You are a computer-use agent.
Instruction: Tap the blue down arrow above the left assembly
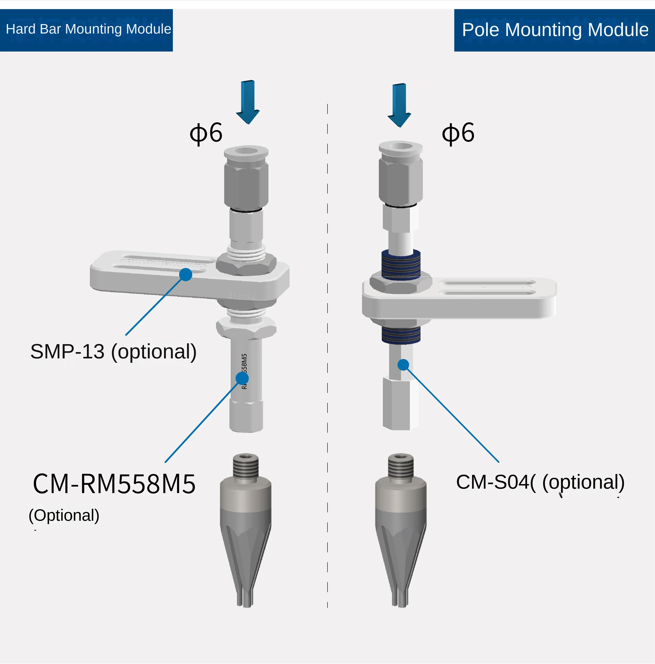pyautogui.click(x=247, y=101)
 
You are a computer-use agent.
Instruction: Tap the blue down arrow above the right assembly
pyautogui.click(x=399, y=105)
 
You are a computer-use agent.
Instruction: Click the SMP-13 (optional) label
pyautogui.click(x=114, y=352)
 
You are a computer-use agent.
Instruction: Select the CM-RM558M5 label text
pyautogui.click(x=114, y=484)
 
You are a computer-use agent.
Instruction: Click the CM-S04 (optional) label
pyautogui.click(x=540, y=482)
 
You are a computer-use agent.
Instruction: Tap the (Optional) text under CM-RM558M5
pyautogui.click(x=64, y=515)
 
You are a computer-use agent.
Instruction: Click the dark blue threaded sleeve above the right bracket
pyautogui.click(x=401, y=264)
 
